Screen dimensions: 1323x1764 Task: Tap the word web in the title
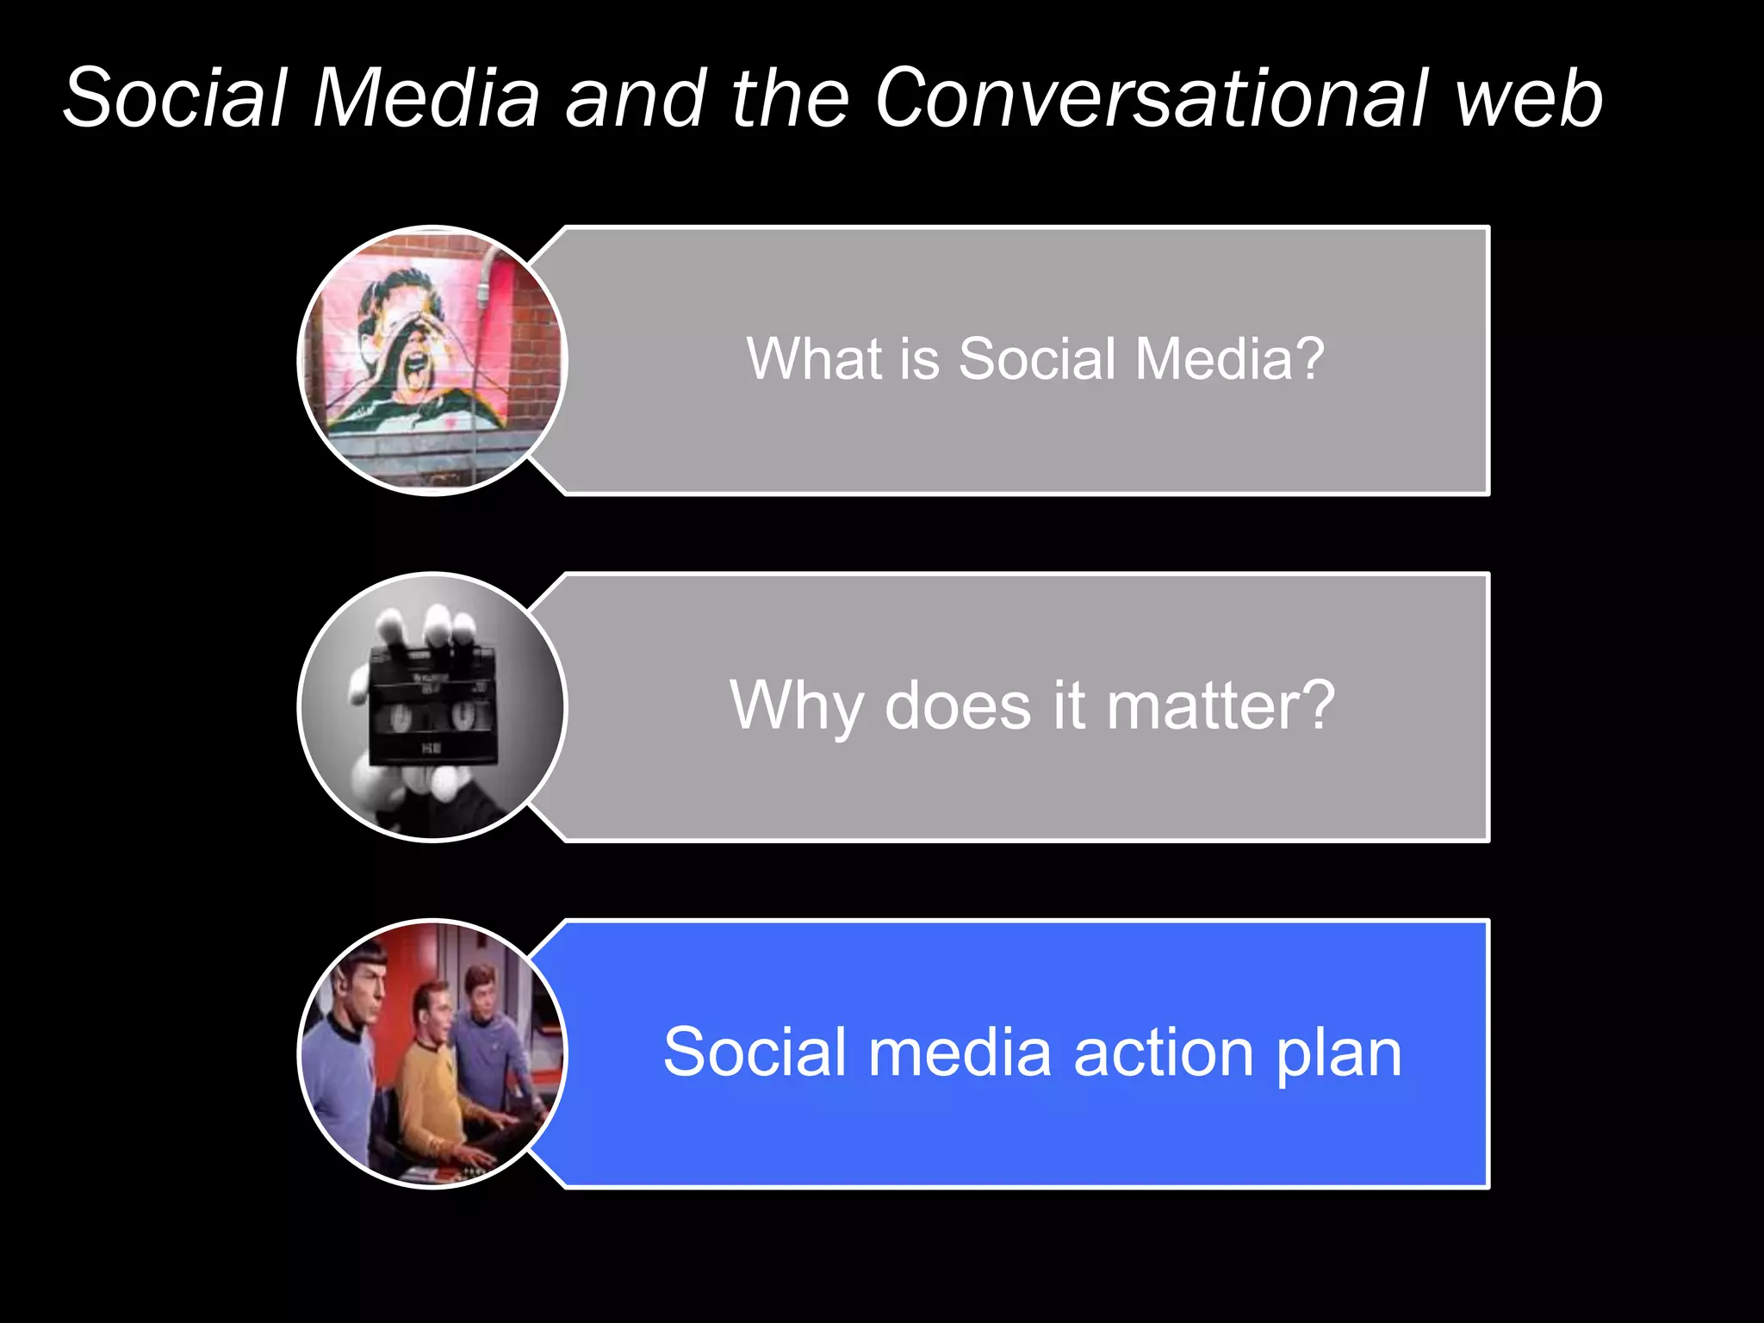click(1528, 100)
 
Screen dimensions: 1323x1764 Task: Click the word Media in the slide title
click(425, 98)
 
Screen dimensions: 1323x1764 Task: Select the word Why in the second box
click(796, 706)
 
